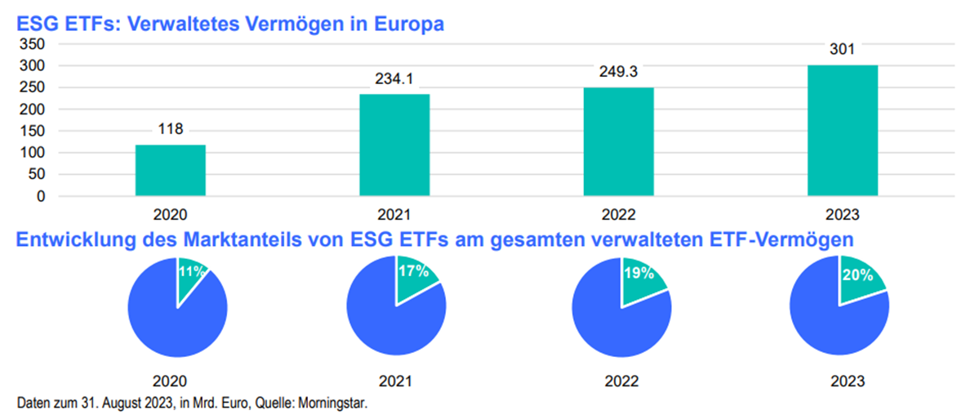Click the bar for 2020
(170, 170)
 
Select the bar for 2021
(394, 145)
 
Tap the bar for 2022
(619, 141)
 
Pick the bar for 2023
(843, 131)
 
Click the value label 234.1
(394, 80)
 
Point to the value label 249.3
(619, 74)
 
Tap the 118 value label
(170, 129)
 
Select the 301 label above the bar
(843, 51)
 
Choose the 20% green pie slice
(857, 278)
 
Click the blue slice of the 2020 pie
(167, 323)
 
